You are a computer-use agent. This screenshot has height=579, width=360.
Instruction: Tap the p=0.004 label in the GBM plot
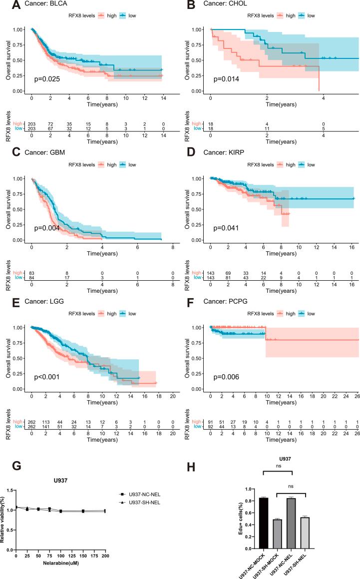(x=47, y=228)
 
